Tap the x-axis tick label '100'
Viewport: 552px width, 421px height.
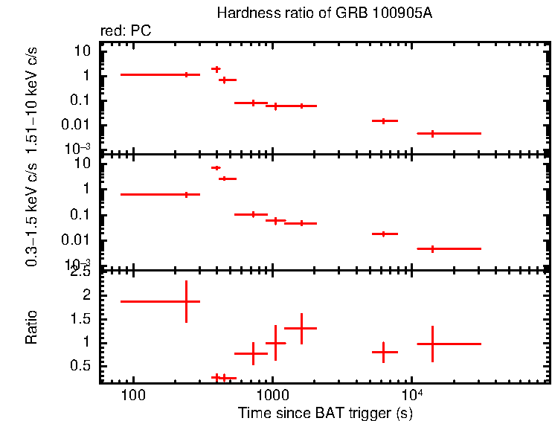click(x=134, y=396)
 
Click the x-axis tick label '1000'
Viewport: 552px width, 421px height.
click(x=273, y=396)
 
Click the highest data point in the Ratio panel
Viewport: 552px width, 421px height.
click(x=186, y=301)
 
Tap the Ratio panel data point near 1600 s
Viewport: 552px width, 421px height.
click(x=301, y=328)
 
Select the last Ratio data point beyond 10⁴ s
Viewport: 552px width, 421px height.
click(x=432, y=344)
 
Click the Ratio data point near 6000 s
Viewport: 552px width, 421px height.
click(x=383, y=351)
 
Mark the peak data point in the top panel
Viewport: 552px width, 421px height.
click(x=216, y=69)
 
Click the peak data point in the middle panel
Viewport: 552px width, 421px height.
click(x=216, y=168)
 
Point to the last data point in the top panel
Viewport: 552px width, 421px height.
click(x=432, y=133)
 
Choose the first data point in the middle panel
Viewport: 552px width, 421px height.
click(x=186, y=194)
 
